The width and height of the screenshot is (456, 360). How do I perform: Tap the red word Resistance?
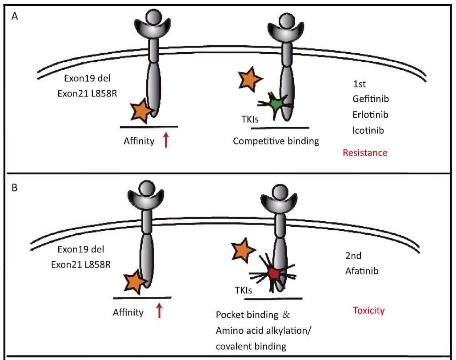click(x=365, y=153)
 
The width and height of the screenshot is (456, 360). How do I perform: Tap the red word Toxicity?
click(x=368, y=310)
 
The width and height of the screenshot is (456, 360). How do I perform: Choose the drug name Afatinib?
click(x=362, y=270)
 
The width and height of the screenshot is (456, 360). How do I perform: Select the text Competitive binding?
click(x=276, y=141)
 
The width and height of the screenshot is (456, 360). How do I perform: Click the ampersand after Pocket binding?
click(x=286, y=315)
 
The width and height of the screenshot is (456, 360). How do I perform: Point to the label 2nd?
click(x=353, y=256)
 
